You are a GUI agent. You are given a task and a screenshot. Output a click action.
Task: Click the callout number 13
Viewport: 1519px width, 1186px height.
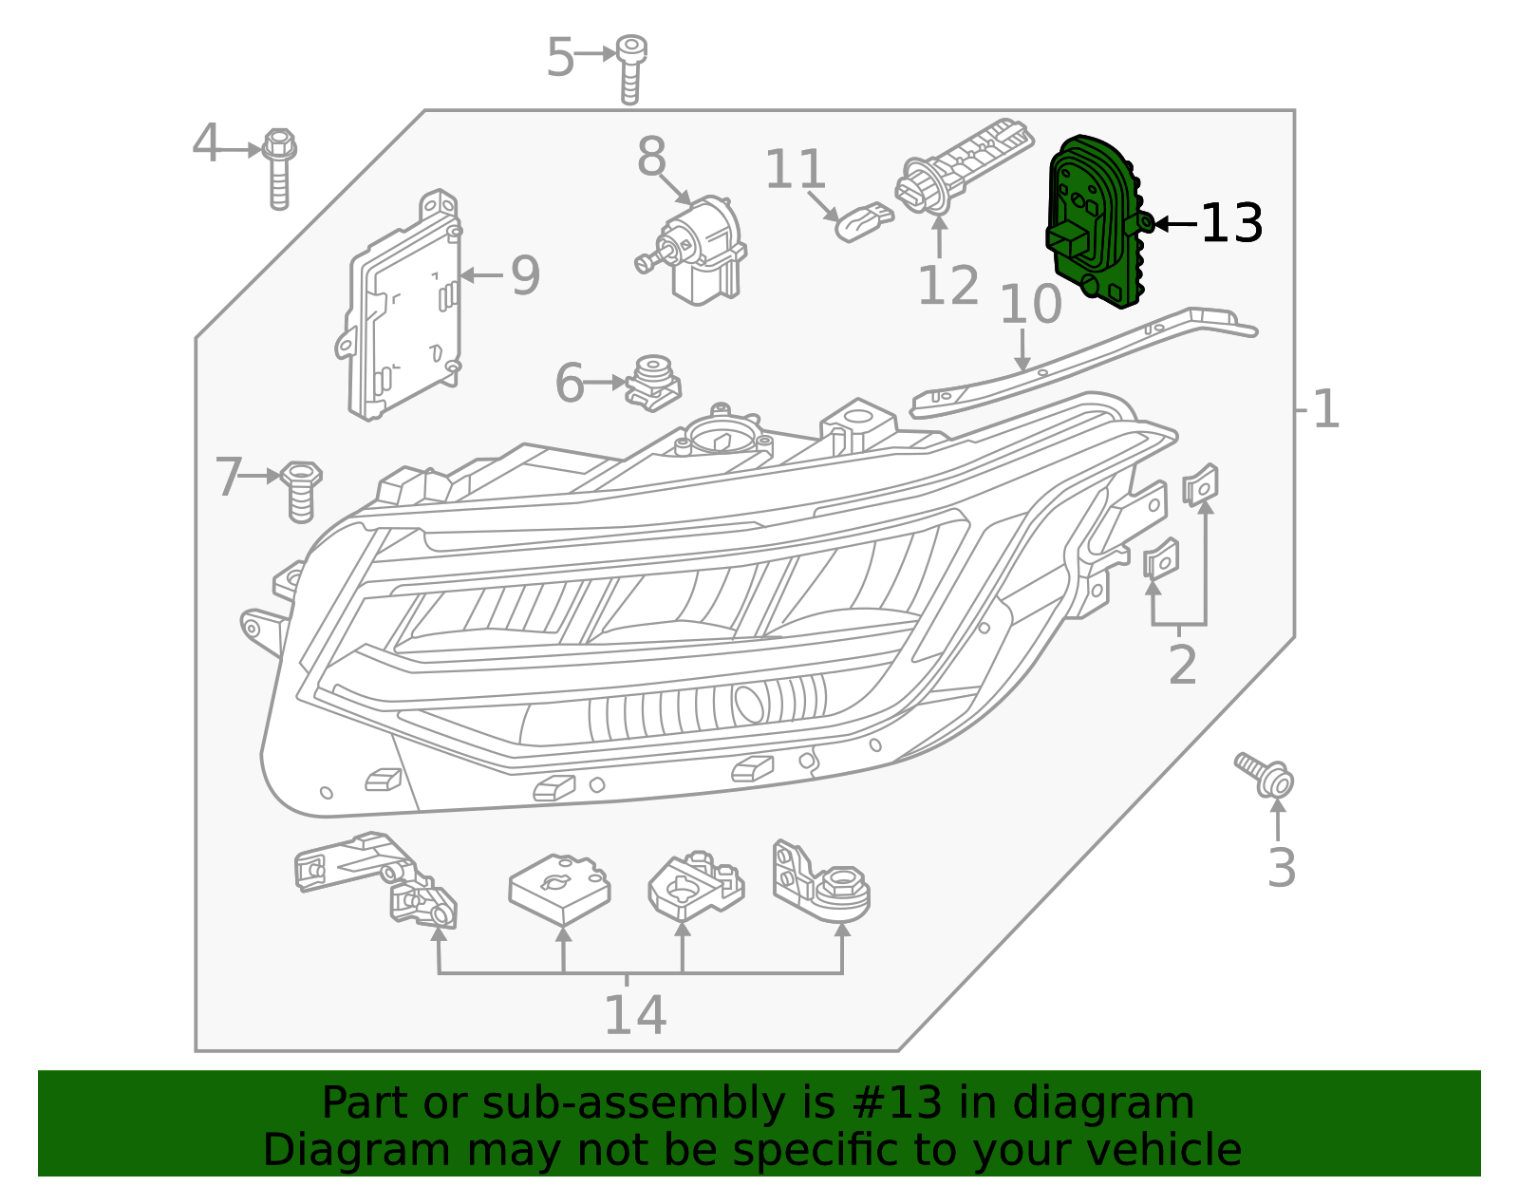(x=1231, y=224)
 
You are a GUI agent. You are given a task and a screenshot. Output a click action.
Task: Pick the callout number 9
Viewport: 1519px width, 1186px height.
(x=525, y=275)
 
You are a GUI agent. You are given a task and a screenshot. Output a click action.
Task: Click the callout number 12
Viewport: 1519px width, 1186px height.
(x=947, y=286)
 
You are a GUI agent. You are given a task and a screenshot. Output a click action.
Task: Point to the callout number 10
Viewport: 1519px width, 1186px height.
(x=1030, y=304)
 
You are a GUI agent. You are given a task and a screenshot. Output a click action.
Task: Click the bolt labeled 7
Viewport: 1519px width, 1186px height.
(x=301, y=489)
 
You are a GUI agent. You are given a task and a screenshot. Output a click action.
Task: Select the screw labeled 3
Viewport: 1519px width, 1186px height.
(x=1266, y=775)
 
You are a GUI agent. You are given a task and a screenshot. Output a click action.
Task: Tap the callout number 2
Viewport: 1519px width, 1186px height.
(x=1182, y=665)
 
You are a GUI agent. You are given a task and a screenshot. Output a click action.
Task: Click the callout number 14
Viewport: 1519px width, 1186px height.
(x=634, y=1015)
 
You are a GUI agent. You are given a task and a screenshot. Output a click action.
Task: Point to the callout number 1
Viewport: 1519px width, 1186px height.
(x=1325, y=410)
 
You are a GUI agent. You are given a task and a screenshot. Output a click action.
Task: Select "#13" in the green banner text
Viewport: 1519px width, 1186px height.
(x=891, y=1103)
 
